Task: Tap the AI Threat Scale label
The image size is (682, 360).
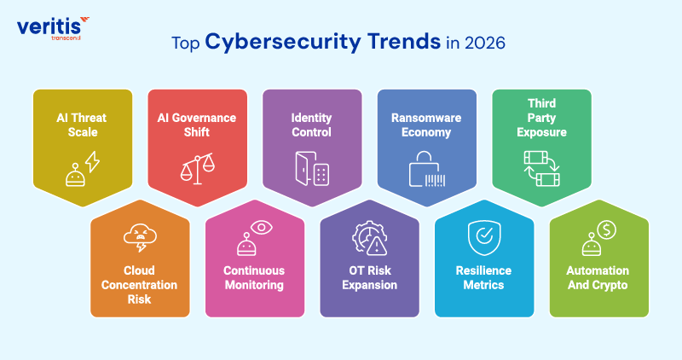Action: click(x=84, y=125)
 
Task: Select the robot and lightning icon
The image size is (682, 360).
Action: click(x=83, y=169)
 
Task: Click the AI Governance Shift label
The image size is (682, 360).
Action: click(x=198, y=125)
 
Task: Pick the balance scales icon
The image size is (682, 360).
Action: click(x=197, y=168)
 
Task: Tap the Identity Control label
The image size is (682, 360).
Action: click(x=311, y=125)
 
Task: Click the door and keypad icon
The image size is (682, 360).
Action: click(x=311, y=168)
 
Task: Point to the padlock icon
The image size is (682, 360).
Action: click(x=425, y=168)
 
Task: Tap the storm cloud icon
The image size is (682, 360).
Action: click(x=140, y=236)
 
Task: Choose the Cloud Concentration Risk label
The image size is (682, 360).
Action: click(x=140, y=284)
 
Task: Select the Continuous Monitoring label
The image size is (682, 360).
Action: click(x=254, y=277)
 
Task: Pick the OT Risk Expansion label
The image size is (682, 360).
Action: click(x=369, y=277)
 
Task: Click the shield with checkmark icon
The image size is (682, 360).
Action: click(x=483, y=236)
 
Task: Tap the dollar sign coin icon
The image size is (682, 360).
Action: click(x=606, y=229)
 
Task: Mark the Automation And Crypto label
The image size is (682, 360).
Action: click(x=598, y=277)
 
